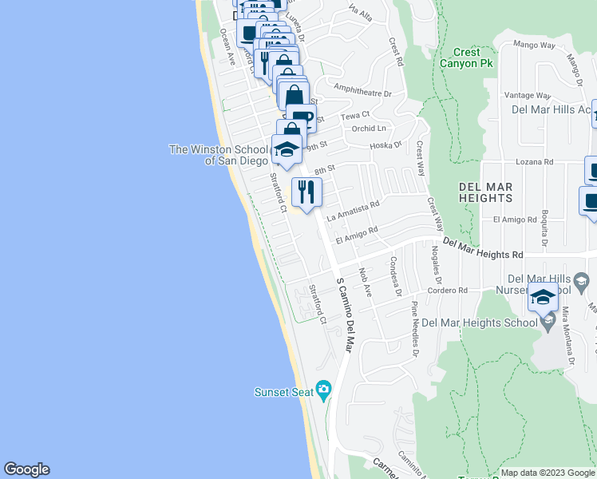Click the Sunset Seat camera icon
[x=323, y=390]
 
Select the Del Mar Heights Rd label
[x=483, y=248]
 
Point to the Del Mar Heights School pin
[x=548, y=322]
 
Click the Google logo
[x=26, y=469]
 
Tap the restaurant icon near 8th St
[x=306, y=192]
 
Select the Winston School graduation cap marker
[x=287, y=149]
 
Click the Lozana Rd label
[x=534, y=161]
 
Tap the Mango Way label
[x=535, y=45]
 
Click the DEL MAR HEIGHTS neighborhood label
[x=485, y=192]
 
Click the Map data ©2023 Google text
[x=547, y=473]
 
